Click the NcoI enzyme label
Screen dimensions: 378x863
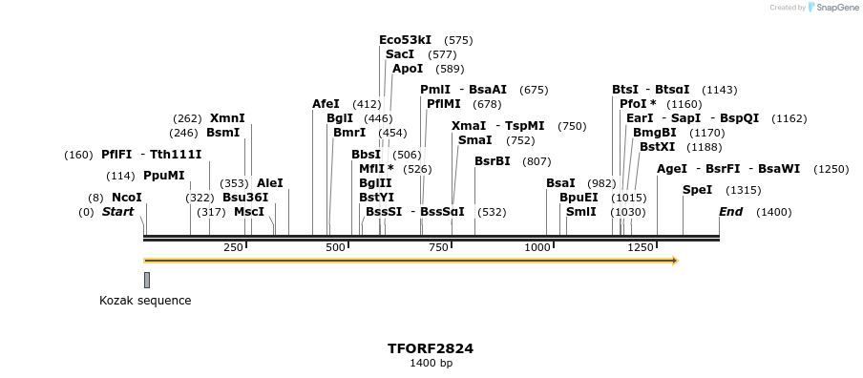127,198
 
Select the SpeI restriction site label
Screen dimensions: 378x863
698,190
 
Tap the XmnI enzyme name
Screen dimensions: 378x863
227,118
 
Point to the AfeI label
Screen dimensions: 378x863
326,104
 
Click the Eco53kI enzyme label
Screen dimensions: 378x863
405,40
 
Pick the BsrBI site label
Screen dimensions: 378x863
493,160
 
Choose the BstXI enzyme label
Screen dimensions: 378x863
657,147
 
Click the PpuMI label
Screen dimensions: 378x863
164,176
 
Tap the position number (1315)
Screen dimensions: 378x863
743,190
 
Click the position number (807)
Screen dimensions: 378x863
537,160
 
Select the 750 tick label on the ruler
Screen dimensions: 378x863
437,247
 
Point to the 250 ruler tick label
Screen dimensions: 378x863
233,247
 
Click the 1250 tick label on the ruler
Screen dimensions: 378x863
640,247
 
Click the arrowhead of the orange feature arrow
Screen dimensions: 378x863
674,260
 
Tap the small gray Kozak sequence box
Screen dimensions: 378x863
146,280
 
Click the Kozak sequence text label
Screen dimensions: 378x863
145,301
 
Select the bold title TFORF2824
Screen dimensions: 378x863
431,348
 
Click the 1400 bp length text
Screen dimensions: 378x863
431,364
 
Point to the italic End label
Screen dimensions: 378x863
730,212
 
